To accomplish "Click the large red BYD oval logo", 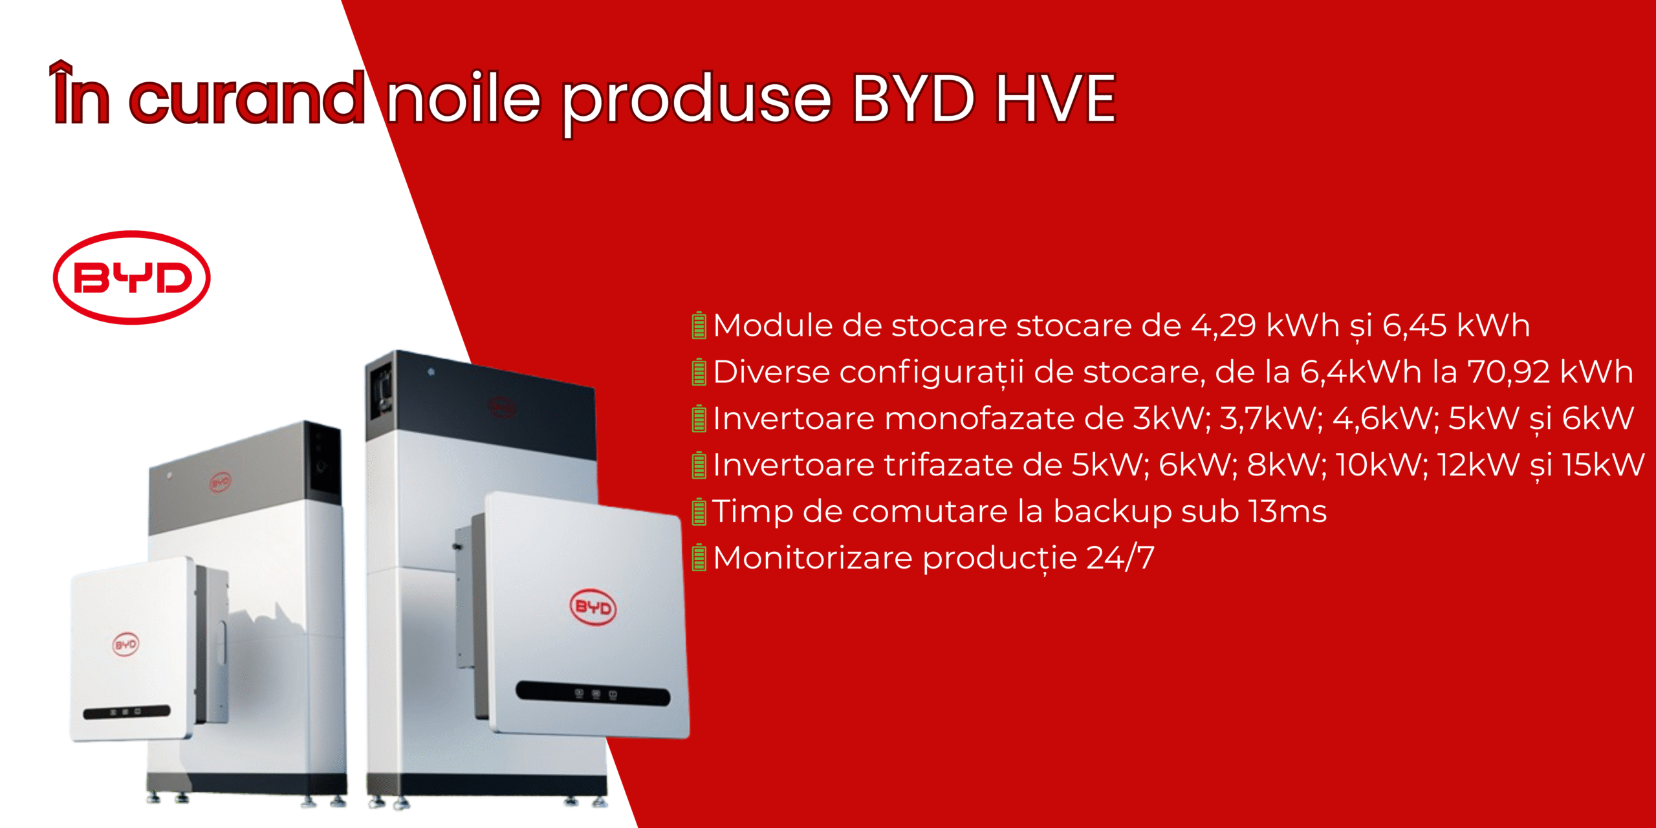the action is (131, 277).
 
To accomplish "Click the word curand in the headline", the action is (247, 98).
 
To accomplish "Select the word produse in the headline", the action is (696, 103).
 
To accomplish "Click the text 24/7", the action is (1120, 558).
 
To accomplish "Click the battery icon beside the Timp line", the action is (699, 511).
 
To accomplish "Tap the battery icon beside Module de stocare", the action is (699, 325).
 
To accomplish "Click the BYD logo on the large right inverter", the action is (593, 607).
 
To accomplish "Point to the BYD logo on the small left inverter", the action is (125, 645).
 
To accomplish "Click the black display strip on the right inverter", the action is (593, 693).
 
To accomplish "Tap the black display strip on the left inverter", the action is (127, 712).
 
